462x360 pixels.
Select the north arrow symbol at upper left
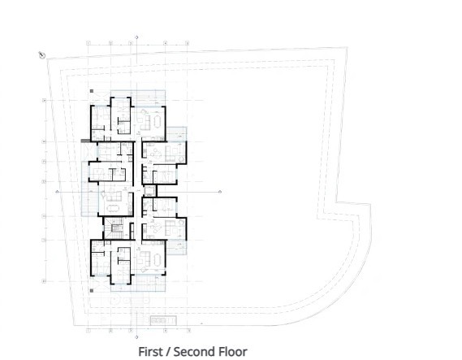point(42,54)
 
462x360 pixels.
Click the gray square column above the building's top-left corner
point(93,92)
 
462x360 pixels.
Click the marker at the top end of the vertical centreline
point(136,37)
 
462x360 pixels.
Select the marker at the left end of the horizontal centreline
point(57,191)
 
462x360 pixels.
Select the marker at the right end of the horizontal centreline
point(220,191)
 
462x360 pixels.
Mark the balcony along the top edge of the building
point(138,93)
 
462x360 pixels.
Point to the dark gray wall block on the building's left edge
point(85,141)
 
